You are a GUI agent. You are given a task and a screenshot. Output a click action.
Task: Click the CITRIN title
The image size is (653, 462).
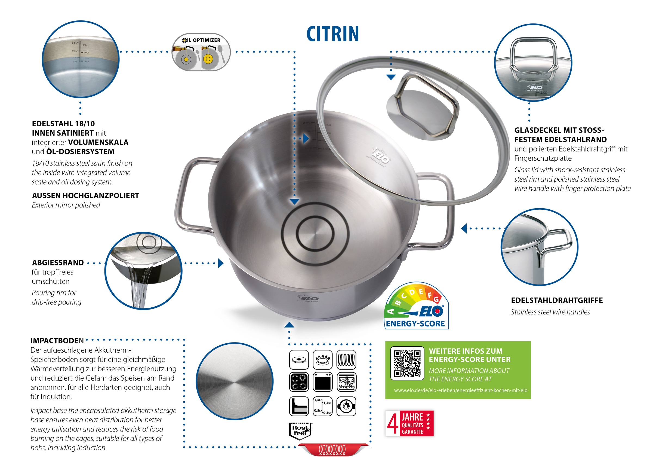click(x=332, y=34)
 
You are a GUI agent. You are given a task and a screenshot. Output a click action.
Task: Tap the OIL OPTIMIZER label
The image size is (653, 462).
click(x=201, y=40)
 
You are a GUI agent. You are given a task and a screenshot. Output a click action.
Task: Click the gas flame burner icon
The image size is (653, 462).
click(x=322, y=360)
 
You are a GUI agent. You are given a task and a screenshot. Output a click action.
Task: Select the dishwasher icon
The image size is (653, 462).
click(x=346, y=382)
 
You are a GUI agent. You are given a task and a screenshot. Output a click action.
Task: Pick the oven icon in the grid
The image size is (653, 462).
click(x=322, y=382)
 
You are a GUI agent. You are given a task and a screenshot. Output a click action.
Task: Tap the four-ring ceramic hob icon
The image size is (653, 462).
click(x=299, y=382)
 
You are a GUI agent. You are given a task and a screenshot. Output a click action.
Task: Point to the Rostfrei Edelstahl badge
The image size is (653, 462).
click(x=300, y=430)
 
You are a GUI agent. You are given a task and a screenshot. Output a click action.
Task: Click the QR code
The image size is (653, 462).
click(x=407, y=363)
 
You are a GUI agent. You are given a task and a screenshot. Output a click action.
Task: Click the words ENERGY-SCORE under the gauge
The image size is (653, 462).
click(x=415, y=324)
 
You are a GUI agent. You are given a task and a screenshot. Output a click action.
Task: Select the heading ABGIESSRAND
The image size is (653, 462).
click(x=58, y=263)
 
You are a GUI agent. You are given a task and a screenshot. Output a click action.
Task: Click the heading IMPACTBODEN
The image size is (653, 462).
click(x=57, y=341)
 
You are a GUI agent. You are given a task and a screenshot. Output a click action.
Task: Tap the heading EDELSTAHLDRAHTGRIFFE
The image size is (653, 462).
click(x=557, y=300)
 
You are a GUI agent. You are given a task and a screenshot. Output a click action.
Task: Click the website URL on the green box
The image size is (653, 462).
click(x=460, y=390)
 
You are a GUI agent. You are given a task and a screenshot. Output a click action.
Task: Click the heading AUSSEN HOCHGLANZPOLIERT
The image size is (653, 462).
click(x=85, y=196)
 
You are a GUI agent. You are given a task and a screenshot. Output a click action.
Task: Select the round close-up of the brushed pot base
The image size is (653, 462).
click(x=234, y=381)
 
